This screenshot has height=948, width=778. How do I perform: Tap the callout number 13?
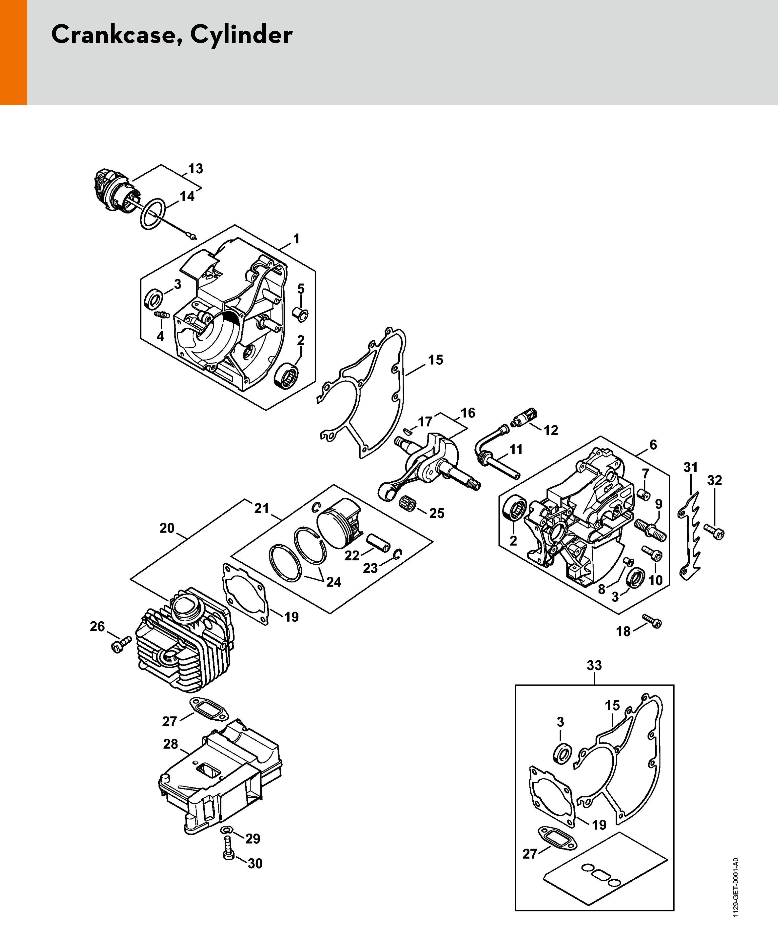[195, 169]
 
